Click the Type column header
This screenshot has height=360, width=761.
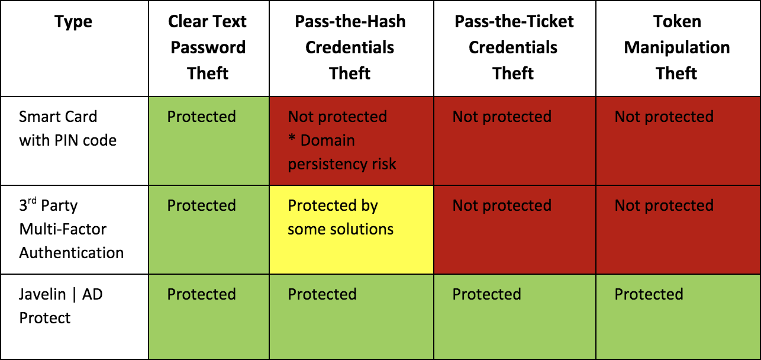click(73, 22)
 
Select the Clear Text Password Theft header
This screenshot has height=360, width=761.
click(208, 47)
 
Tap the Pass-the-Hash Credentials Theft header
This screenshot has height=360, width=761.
click(350, 47)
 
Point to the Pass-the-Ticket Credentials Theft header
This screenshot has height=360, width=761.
click(514, 47)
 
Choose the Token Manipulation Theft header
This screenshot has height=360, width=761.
click(677, 47)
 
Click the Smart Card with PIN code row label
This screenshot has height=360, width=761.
click(67, 128)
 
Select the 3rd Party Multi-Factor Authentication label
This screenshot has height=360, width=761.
click(72, 229)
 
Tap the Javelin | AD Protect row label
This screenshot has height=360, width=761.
click(60, 306)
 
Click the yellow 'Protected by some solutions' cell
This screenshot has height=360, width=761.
click(352, 230)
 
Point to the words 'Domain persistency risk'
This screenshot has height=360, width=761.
click(342, 152)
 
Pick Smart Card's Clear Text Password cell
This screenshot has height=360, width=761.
click(209, 141)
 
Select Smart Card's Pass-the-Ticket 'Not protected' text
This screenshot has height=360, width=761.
click(502, 117)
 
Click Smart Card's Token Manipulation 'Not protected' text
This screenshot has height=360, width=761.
click(664, 117)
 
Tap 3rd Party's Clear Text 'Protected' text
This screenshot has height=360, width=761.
click(201, 205)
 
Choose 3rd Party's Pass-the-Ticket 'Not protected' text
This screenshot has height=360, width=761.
click(502, 205)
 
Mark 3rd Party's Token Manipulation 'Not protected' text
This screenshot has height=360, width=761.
click(664, 205)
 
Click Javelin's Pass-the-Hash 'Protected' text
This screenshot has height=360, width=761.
click(322, 294)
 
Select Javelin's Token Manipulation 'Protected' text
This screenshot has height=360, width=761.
click(649, 294)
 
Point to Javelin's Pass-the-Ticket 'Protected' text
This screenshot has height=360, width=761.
click(486, 294)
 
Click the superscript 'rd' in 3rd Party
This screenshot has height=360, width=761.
click(32, 201)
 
